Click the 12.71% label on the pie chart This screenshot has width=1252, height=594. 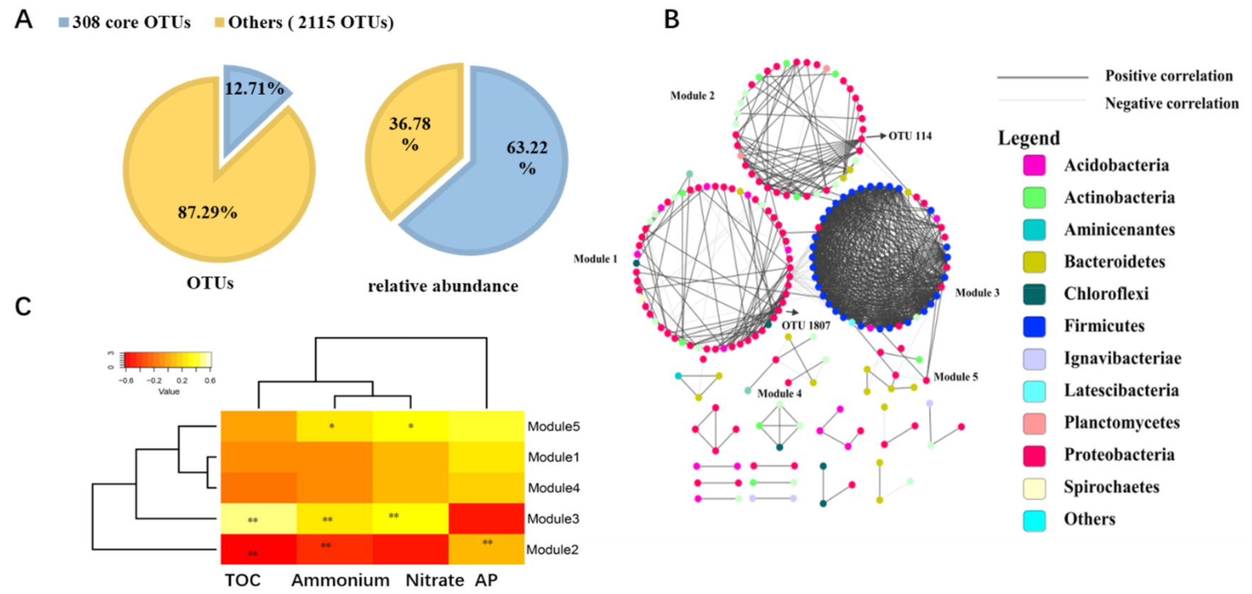(254, 89)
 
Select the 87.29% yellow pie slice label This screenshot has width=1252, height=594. (207, 212)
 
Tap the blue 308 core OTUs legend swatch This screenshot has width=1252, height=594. (64, 23)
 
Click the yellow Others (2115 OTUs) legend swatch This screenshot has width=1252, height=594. (220, 23)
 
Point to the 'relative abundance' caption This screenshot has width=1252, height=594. (442, 286)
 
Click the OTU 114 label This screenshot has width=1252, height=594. (910, 136)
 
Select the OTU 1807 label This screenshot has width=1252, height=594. (806, 325)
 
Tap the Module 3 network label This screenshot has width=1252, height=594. (977, 292)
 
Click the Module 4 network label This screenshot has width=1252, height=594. (779, 393)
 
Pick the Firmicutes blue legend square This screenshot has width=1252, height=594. (1034, 326)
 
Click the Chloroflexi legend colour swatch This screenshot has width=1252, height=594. (1034, 294)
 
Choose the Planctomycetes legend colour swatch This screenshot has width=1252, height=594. (1034, 423)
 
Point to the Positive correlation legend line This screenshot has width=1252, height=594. (1042, 77)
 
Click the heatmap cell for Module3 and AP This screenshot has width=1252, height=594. (486, 519)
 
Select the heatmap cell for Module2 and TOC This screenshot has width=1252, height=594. (258, 549)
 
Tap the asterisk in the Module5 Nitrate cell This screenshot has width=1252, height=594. (411, 427)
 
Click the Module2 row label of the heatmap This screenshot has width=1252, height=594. (552, 550)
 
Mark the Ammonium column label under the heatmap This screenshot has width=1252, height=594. (340, 581)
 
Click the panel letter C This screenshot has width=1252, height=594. (23, 307)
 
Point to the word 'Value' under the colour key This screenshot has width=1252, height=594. (169, 392)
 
